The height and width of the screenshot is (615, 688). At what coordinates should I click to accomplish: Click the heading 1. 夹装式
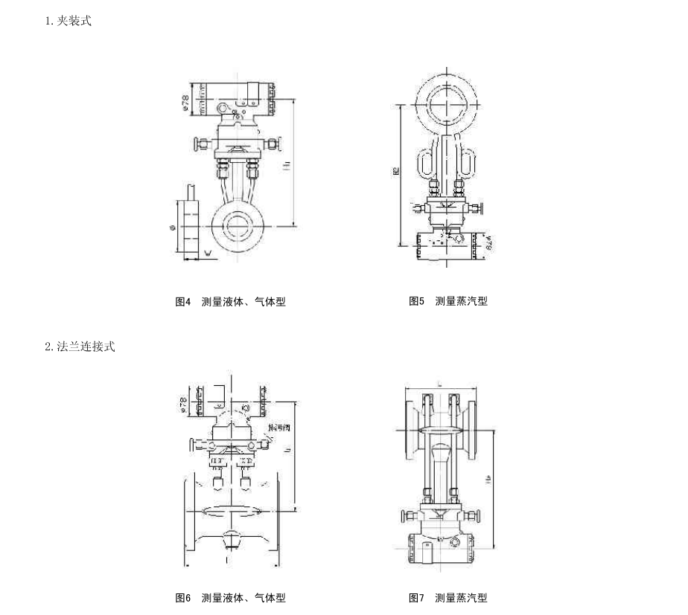point(68,22)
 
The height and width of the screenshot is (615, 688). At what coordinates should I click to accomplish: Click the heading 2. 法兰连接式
point(80,347)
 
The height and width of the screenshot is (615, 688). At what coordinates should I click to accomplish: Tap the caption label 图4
point(183,302)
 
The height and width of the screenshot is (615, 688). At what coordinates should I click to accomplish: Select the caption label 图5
point(416,302)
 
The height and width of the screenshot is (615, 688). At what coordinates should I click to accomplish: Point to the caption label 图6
point(183,598)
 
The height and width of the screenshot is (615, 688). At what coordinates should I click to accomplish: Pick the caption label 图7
point(416,598)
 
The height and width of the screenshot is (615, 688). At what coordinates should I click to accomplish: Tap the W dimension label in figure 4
point(208,254)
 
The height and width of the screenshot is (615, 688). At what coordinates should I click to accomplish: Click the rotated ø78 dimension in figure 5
point(490,242)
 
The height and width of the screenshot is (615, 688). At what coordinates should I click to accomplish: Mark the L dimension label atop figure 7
point(441,384)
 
